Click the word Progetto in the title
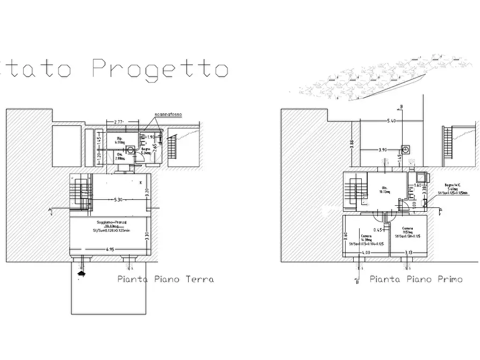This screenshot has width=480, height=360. click(x=160, y=69)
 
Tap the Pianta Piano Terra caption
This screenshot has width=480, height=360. click(x=166, y=279)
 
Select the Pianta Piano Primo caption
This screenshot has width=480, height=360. click(x=416, y=279)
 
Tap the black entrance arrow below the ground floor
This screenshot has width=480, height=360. click(x=82, y=273)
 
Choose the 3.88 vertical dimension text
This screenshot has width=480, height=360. click(x=352, y=145)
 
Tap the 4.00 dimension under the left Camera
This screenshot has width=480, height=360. click(x=366, y=253)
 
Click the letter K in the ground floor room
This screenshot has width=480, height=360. click(x=141, y=183)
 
